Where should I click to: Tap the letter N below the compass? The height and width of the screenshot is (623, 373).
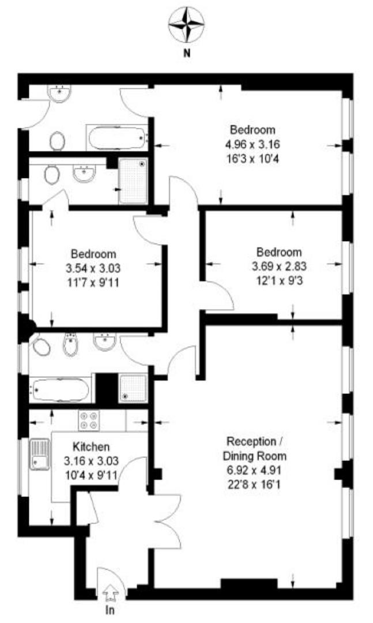[186, 54]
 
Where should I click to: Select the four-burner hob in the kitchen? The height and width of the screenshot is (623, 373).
[88, 419]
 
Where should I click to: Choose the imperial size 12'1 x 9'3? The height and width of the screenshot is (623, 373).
[279, 280]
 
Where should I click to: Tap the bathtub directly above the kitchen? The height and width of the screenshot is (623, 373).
[61, 391]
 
